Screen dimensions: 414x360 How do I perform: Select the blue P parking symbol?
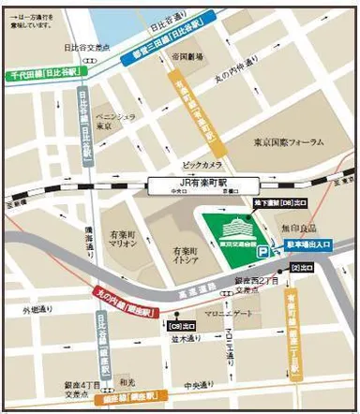click(264, 251)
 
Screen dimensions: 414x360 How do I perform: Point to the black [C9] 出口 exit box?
click(177, 326)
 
